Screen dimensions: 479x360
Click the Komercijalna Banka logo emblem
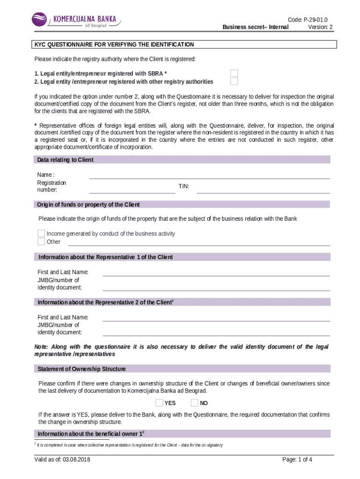click(x=40, y=20)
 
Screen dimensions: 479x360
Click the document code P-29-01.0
click(x=308, y=19)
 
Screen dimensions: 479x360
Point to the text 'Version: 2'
click(x=320, y=27)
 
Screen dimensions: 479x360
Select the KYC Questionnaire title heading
click(x=113, y=44)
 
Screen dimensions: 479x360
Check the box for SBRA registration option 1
click(x=234, y=73)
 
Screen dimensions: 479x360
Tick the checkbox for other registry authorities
click(x=234, y=81)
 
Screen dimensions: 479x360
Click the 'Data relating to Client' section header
click(x=65, y=160)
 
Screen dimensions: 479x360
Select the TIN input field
click(x=263, y=189)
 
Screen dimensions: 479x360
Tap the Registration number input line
click(x=132, y=189)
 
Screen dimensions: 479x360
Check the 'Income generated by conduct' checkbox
click(x=41, y=233)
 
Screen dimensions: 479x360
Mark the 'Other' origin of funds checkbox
click(x=41, y=242)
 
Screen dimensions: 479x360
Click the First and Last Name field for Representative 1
click(x=216, y=273)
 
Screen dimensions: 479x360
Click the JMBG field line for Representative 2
click(x=216, y=333)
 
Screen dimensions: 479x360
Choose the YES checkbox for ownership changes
click(x=159, y=403)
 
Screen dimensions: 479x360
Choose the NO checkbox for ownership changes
click(x=194, y=403)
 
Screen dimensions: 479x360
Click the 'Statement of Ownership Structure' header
click(x=81, y=369)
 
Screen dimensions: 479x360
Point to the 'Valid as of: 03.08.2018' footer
click(x=62, y=459)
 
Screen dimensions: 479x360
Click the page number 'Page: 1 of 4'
click(x=297, y=459)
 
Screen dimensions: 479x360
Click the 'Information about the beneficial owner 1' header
click(x=94, y=434)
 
